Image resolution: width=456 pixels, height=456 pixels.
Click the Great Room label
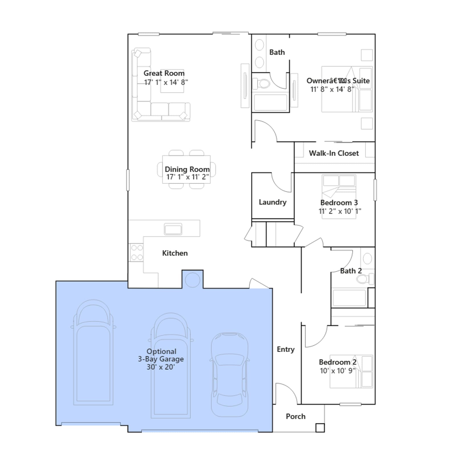point(164,73)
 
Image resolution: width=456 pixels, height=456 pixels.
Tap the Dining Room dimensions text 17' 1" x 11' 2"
point(188,177)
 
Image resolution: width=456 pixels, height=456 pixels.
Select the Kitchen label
point(175,253)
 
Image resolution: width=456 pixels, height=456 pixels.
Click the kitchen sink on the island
point(173,229)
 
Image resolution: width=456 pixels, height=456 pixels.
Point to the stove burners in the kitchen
point(137,253)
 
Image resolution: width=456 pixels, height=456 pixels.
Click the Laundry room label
point(272,202)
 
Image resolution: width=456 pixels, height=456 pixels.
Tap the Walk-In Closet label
point(334,153)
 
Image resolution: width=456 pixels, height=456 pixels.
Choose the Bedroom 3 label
point(339,203)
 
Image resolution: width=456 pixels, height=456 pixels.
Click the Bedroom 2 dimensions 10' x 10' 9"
point(337,371)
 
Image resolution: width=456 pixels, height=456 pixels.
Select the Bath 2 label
point(351,271)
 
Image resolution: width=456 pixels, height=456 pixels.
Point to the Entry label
point(286,349)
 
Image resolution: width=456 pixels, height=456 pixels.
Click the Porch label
point(296,416)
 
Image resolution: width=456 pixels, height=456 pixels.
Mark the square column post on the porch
point(320,428)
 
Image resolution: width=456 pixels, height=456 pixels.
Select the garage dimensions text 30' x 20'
point(161,367)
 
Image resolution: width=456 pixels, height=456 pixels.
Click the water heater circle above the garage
point(193,280)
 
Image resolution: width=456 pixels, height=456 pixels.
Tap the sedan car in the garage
point(229,374)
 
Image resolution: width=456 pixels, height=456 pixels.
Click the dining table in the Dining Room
point(186,169)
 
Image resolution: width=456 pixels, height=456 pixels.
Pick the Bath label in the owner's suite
point(277,52)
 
